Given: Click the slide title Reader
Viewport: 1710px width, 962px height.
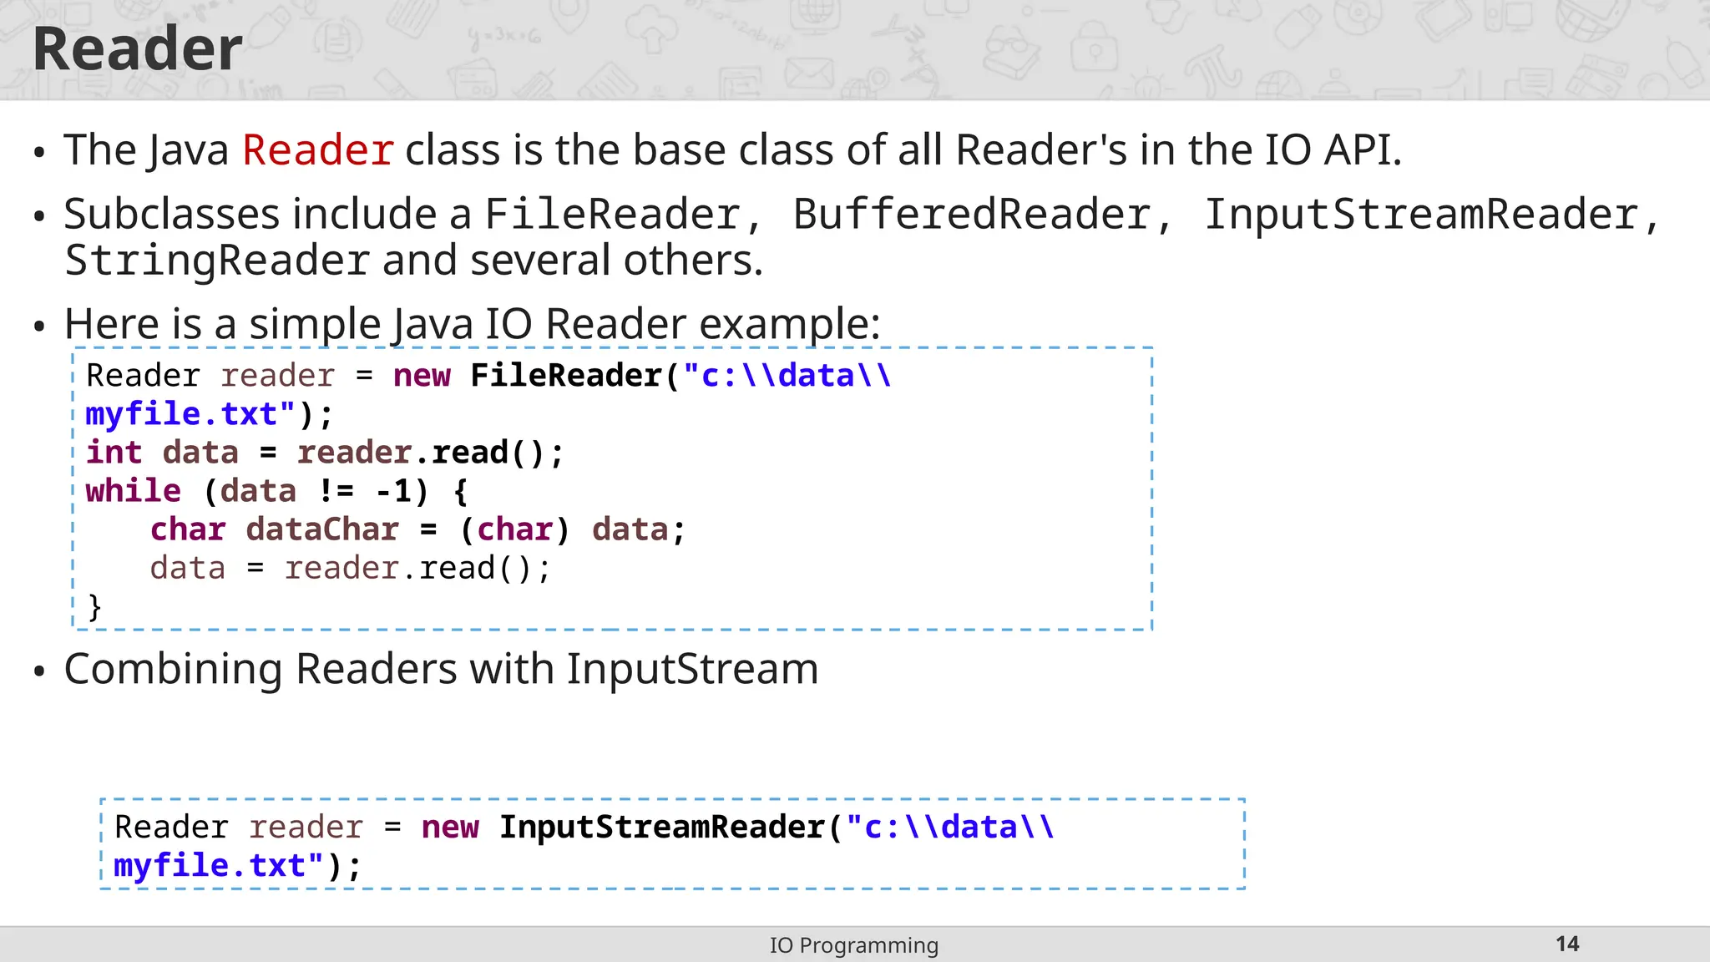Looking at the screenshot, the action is tap(138, 49).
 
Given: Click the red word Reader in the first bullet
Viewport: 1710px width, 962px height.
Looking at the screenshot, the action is tap(317, 150).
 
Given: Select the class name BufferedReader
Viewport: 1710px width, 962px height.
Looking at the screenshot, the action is tap(971, 215).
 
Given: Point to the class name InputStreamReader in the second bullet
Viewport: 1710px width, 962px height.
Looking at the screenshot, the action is tap(1420, 215).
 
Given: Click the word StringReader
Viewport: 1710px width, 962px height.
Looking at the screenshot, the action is tap(217, 261).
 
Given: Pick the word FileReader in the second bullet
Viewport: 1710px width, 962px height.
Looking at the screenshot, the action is tap(612, 215).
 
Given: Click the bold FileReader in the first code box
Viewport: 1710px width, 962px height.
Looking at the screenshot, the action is tap(566, 376).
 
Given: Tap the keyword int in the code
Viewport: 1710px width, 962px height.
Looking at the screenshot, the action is tap(114, 453).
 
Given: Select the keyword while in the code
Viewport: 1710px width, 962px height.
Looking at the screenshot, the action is tap(134, 491).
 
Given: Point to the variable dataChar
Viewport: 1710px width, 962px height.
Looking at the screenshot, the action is tap(322, 529).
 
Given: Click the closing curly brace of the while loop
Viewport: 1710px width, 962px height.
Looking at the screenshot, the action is tap(95, 607).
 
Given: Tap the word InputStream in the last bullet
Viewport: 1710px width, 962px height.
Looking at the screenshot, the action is tap(692, 669).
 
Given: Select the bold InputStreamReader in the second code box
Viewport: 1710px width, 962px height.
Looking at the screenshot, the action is tap(661, 827).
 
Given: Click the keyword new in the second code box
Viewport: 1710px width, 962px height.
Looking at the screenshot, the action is tap(450, 827).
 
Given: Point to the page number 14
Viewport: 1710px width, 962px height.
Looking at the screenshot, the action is tap(1567, 944).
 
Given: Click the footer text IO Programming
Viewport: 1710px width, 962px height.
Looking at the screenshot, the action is tap(854, 945).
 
